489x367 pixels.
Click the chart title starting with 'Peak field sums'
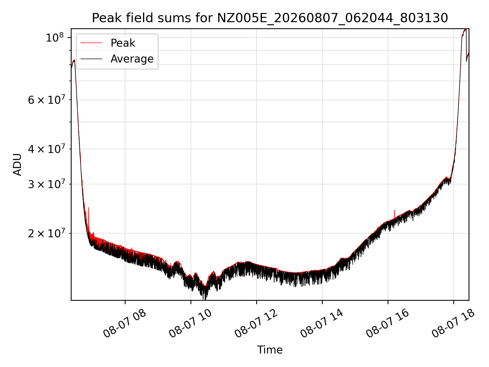pyautogui.click(x=270, y=18)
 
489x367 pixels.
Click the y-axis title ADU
pyautogui.click(x=17, y=165)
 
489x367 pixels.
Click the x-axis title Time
pyautogui.click(x=270, y=350)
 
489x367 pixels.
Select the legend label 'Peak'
pyautogui.click(x=123, y=43)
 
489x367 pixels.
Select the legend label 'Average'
pyautogui.click(x=132, y=59)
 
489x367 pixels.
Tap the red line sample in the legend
pyautogui.click(x=91, y=43)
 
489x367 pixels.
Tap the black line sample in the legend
pyautogui.click(x=91, y=59)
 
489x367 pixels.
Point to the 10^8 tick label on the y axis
pyautogui.click(x=55, y=38)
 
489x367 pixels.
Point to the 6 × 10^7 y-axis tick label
pyautogui.click(x=46, y=100)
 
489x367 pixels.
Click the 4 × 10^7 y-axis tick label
pyautogui.click(x=46, y=149)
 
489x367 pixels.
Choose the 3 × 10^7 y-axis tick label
pyautogui.click(x=46, y=184)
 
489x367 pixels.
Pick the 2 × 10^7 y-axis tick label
pyautogui.click(x=46, y=233)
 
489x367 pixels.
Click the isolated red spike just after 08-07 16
pyautogui.click(x=395, y=214)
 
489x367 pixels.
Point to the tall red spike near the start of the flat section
pyautogui.click(x=89, y=217)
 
